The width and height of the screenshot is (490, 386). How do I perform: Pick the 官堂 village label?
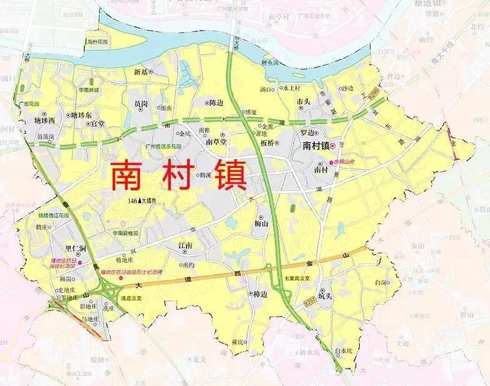[98, 125]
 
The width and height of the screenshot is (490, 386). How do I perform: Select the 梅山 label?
[261, 222]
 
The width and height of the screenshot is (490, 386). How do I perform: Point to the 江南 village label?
[185, 245]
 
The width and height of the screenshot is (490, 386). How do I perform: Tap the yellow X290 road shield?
[374, 91]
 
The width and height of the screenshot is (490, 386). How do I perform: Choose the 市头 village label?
[304, 102]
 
